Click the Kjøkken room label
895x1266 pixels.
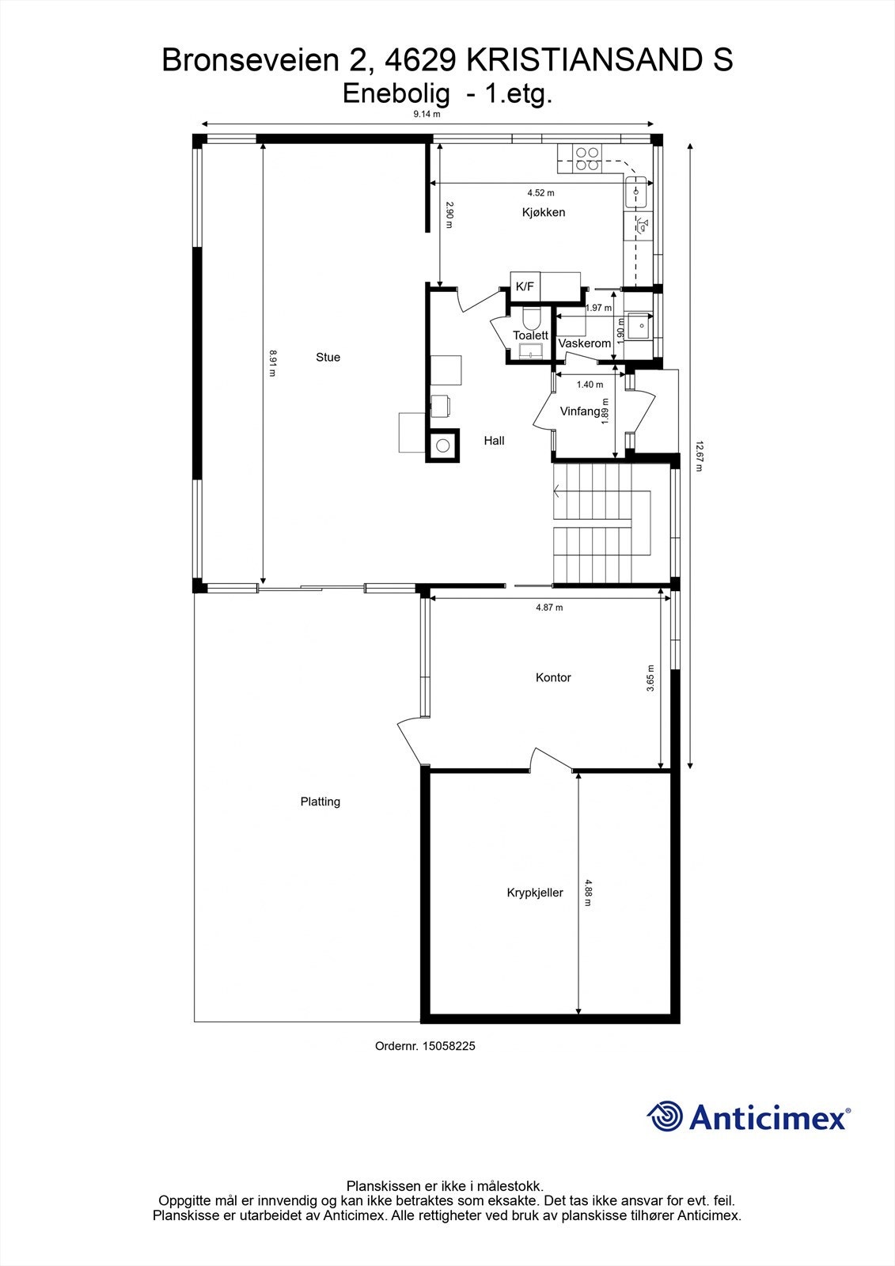[x=543, y=212]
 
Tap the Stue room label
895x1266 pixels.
[x=328, y=358]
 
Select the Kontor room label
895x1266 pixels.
[x=552, y=677]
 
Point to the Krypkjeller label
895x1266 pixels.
[x=535, y=893]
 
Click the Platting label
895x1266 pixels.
[x=320, y=802]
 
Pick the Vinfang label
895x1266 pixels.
[x=580, y=411]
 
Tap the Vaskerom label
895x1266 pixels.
[x=585, y=343]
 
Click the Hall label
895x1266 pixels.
[x=494, y=441]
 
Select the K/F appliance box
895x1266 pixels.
[x=525, y=286]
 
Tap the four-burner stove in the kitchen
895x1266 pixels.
[x=587, y=159]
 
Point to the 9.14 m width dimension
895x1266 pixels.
[x=427, y=114]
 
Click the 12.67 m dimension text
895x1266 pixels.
[x=699, y=456]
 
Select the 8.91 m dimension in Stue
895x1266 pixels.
[x=273, y=363]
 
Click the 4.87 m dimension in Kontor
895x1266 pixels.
[x=548, y=608]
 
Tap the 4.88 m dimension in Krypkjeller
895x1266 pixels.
[x=587, y=892]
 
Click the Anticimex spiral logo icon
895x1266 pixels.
[x=665, y=1116]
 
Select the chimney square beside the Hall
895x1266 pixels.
[x=443, y=446]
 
